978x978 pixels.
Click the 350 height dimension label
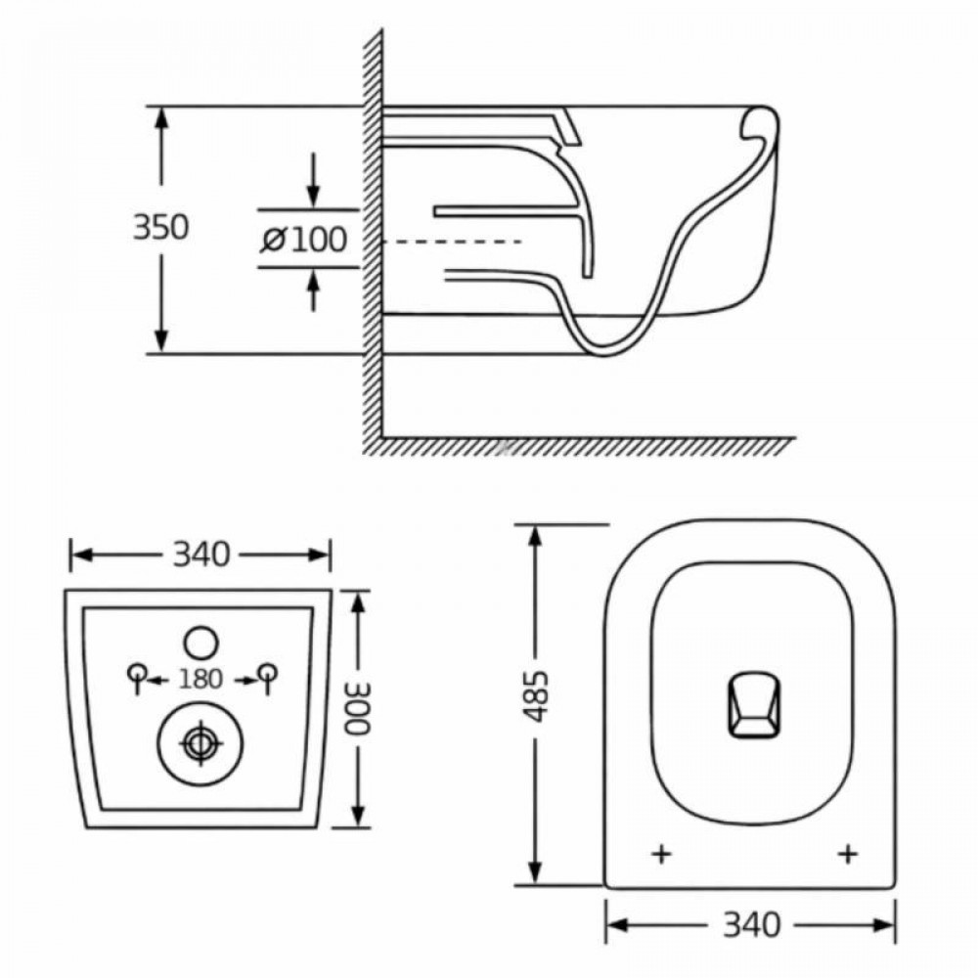pos(160,228)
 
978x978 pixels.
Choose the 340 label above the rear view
pos(200,555)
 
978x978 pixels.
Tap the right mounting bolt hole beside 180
pos(265,672)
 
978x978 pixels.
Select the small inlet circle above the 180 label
pos(200,642)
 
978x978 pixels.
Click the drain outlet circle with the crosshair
pos(200,743)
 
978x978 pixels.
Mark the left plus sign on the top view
pos(662,854)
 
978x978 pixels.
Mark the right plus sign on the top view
pos(848,854)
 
